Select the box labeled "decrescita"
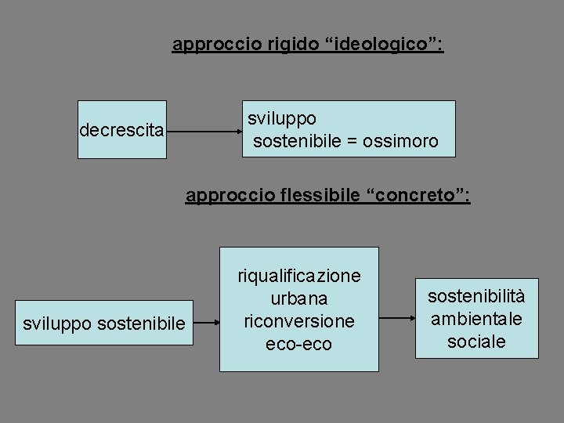tap(122, 129)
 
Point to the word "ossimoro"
tap(400, 142)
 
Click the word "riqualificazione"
tap(299, 276)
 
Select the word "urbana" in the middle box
tap(299, 298)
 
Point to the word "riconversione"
tap(299, 321)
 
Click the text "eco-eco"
tap(299, 344)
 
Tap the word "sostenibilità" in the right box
tap(476, 295)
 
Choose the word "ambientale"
tap(476, 319)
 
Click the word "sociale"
tap(476, 342)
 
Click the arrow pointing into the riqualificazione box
tap(206, 321)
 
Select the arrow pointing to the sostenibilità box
tap(397, 318)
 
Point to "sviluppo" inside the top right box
tap(282, 119)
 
